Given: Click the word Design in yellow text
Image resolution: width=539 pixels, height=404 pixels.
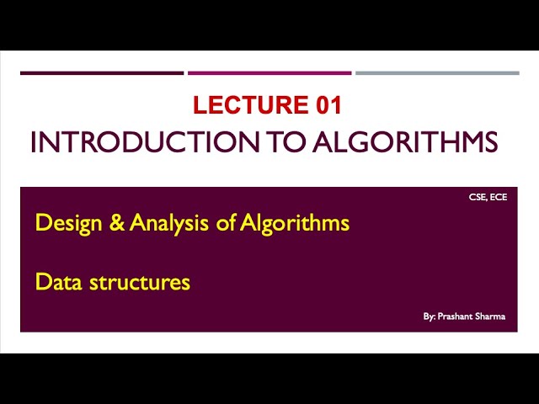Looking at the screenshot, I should pos(62,224).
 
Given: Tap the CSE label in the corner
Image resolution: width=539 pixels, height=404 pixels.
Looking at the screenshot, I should pos(478,199).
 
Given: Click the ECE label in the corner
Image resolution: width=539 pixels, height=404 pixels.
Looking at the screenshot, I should pos(499,199).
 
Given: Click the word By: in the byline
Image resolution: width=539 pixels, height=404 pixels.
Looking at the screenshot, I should pos(430,317).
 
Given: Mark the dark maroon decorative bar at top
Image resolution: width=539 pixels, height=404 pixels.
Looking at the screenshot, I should pos(102,73).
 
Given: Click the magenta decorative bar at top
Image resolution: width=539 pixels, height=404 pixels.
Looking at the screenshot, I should pos(269,73).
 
